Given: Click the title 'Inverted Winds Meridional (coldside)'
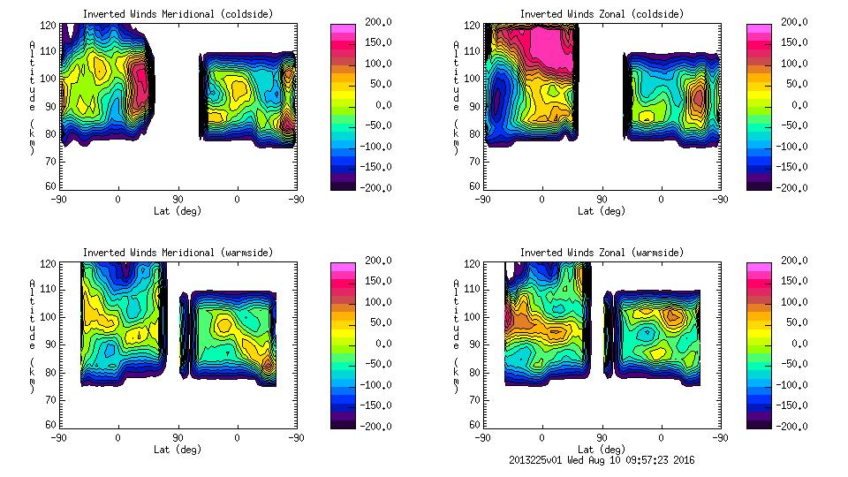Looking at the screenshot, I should click(178, 14).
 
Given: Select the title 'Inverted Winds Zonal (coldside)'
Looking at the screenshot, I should click(602, 14).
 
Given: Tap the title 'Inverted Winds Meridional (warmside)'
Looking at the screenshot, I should click(178, 253).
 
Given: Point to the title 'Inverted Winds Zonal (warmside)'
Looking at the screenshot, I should click(602, 253).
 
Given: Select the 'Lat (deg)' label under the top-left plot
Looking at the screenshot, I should click(178, 211).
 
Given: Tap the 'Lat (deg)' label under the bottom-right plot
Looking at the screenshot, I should click(602, 450).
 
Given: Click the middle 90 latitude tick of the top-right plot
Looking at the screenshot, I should click(602, 200).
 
